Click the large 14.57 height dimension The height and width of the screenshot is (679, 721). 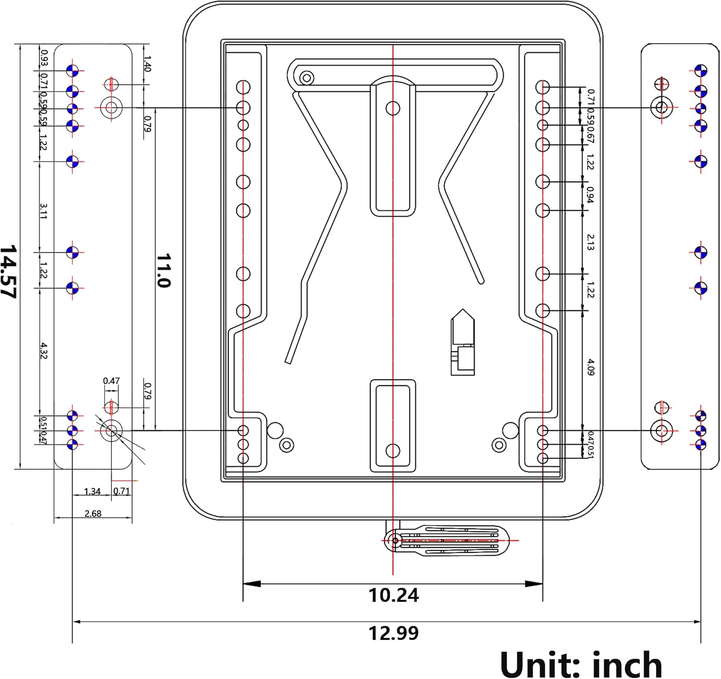[9, 272]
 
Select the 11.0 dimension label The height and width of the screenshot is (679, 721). [164, 271]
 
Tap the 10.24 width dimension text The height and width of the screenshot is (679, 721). [393, 595]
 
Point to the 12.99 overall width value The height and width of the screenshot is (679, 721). [393, 633]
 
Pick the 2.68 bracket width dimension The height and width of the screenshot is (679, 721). [93, 514]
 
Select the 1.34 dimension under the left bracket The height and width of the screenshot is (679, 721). [92, 491]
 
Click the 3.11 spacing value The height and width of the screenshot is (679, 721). [43, 211]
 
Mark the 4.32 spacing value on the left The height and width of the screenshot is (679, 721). [43, 351]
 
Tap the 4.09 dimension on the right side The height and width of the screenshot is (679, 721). [591, 367]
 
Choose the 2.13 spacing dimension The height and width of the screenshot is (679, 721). [591, 242]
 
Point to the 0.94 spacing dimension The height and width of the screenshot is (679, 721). [591, 195]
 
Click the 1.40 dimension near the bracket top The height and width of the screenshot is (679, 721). [147, 63]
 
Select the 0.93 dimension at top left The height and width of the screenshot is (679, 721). [44, 57]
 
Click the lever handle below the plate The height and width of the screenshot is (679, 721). [447, 540]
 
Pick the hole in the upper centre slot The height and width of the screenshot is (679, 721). [393, 108]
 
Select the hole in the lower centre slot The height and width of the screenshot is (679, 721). [393, 451]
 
